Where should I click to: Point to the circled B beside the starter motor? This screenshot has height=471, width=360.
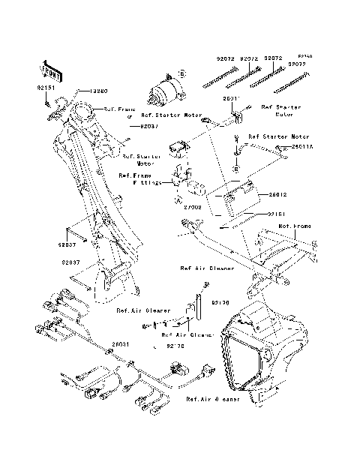click(x=181, y=73)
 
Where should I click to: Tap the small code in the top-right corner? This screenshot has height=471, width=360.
click(x=304, y=55)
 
